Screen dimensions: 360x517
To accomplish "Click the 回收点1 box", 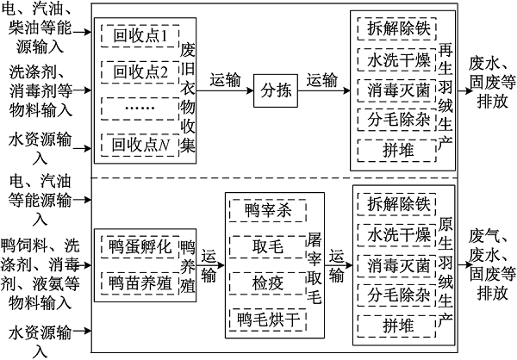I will click(139, 36).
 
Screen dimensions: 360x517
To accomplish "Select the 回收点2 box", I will click(139, 71).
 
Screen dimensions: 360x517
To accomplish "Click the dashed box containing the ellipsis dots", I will click(139, 108).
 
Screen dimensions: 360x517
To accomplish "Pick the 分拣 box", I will click(274, 90).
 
